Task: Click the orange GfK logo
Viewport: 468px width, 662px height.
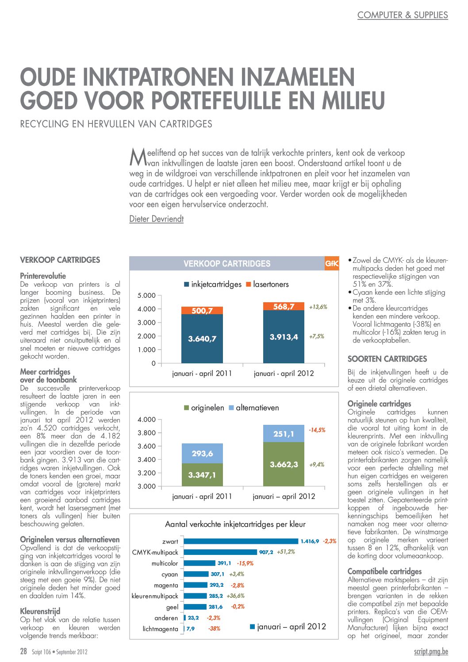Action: [331, 264]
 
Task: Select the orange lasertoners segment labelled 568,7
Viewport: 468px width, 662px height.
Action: [284, 306]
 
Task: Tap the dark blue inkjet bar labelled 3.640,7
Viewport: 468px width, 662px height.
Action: [202, 339]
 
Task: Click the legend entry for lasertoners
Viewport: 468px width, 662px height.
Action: [267, 284]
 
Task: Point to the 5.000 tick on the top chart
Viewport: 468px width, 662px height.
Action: [147, 296]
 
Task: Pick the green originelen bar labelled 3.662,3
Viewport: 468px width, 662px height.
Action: [284, 464]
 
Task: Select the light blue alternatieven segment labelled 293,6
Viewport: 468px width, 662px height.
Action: [202, 454]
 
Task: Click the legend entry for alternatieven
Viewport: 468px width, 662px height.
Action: [253, 408]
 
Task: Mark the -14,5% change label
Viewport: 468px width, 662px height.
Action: [317, 430]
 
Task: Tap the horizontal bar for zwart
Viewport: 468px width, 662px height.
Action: [241, 541]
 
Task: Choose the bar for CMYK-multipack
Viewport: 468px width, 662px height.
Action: [220, 552]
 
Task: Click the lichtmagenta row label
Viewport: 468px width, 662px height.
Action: [160, 629]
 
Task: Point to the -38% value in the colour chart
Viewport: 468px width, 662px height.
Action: [215, 629]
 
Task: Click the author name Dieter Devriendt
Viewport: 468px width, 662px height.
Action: [156, 219]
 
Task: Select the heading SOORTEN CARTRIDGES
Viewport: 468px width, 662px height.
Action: [387, 359]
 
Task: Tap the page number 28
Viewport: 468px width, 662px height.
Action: [23, 651]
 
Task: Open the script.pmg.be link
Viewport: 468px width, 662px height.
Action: [431, 651]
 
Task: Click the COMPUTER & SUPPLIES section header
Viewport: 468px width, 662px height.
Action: [402, 15]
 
